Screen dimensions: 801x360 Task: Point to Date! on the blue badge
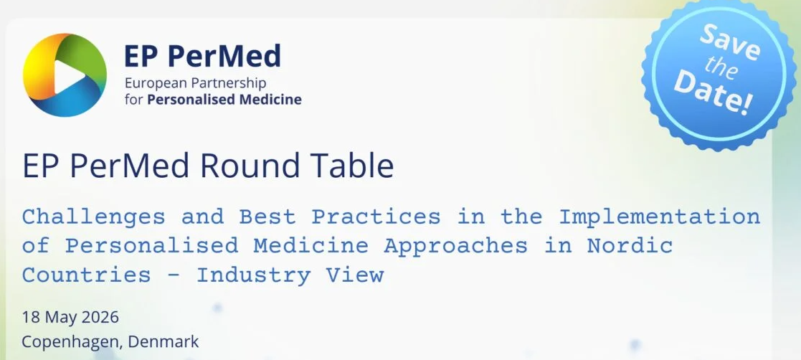[714, 94]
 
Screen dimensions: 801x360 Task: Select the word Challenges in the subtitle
[93, 217]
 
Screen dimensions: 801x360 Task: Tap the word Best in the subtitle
[267, 217]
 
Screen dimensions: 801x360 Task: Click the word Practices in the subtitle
[376, 217]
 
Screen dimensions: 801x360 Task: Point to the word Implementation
[660, 217]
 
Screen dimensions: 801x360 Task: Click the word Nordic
[630, 245]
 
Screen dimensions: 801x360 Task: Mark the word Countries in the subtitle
[86, 275]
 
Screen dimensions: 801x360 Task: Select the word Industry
[253, 276]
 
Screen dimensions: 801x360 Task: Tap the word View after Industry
[355, 275]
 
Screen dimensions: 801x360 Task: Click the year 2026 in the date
[100, 317]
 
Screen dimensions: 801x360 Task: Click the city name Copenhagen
[72, 341]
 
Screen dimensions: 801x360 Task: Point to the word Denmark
[163, 341]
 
